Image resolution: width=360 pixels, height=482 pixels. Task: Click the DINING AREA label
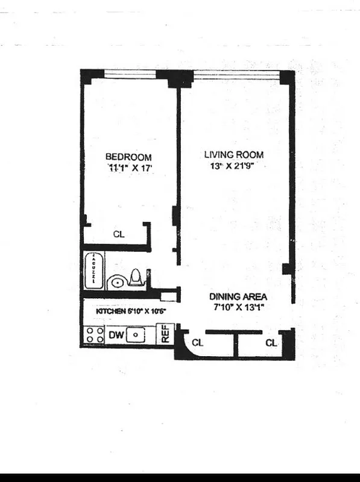238,297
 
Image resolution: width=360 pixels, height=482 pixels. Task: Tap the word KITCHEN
110,312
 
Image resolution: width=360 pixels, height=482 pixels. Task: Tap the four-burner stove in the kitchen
94,335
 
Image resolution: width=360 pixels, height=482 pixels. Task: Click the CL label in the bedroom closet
118,234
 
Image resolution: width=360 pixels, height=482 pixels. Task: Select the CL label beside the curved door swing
197,343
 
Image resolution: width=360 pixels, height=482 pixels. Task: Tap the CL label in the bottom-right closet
271,343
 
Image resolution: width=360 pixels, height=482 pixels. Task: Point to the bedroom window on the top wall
129,74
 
